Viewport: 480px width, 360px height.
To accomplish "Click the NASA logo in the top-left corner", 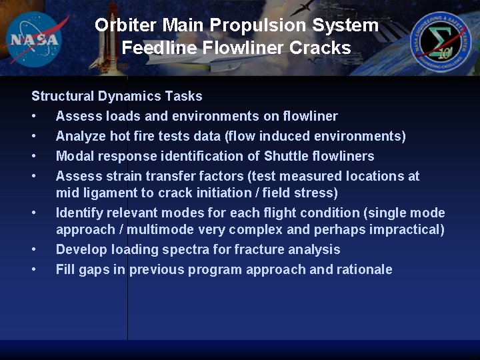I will click(x=35, y=38).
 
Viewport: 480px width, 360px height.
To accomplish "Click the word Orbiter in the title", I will click(x=127, y=25).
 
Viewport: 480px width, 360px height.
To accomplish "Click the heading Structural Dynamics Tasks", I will click(x=117, y=96).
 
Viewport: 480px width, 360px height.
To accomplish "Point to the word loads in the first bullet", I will click(x=123, y=116).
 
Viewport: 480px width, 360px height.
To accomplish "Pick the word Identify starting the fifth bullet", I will click(x=79, y=213).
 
